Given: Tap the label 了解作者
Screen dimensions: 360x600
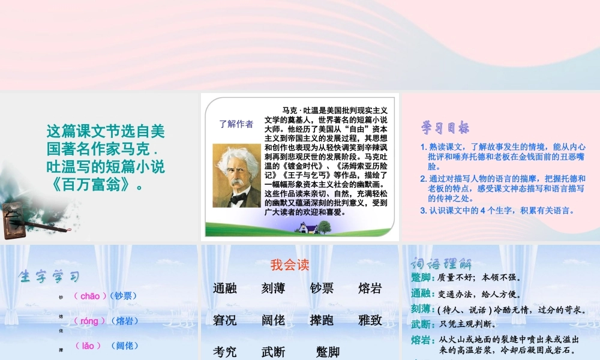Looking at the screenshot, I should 236,124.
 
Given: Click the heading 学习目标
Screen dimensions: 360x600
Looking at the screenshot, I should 445,128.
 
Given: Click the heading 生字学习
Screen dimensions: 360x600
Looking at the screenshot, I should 49,277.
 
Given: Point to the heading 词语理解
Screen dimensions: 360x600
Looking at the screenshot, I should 441,263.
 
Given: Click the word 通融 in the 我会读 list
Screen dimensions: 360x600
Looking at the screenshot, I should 225,289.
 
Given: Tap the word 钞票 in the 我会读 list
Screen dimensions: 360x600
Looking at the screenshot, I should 322,289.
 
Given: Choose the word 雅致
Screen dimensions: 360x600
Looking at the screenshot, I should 370,320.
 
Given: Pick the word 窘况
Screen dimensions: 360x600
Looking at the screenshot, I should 225,320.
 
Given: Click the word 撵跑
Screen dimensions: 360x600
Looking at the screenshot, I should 322,320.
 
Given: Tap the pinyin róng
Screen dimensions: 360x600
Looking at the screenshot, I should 89,321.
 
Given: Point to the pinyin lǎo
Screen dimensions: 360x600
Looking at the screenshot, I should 88,346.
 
